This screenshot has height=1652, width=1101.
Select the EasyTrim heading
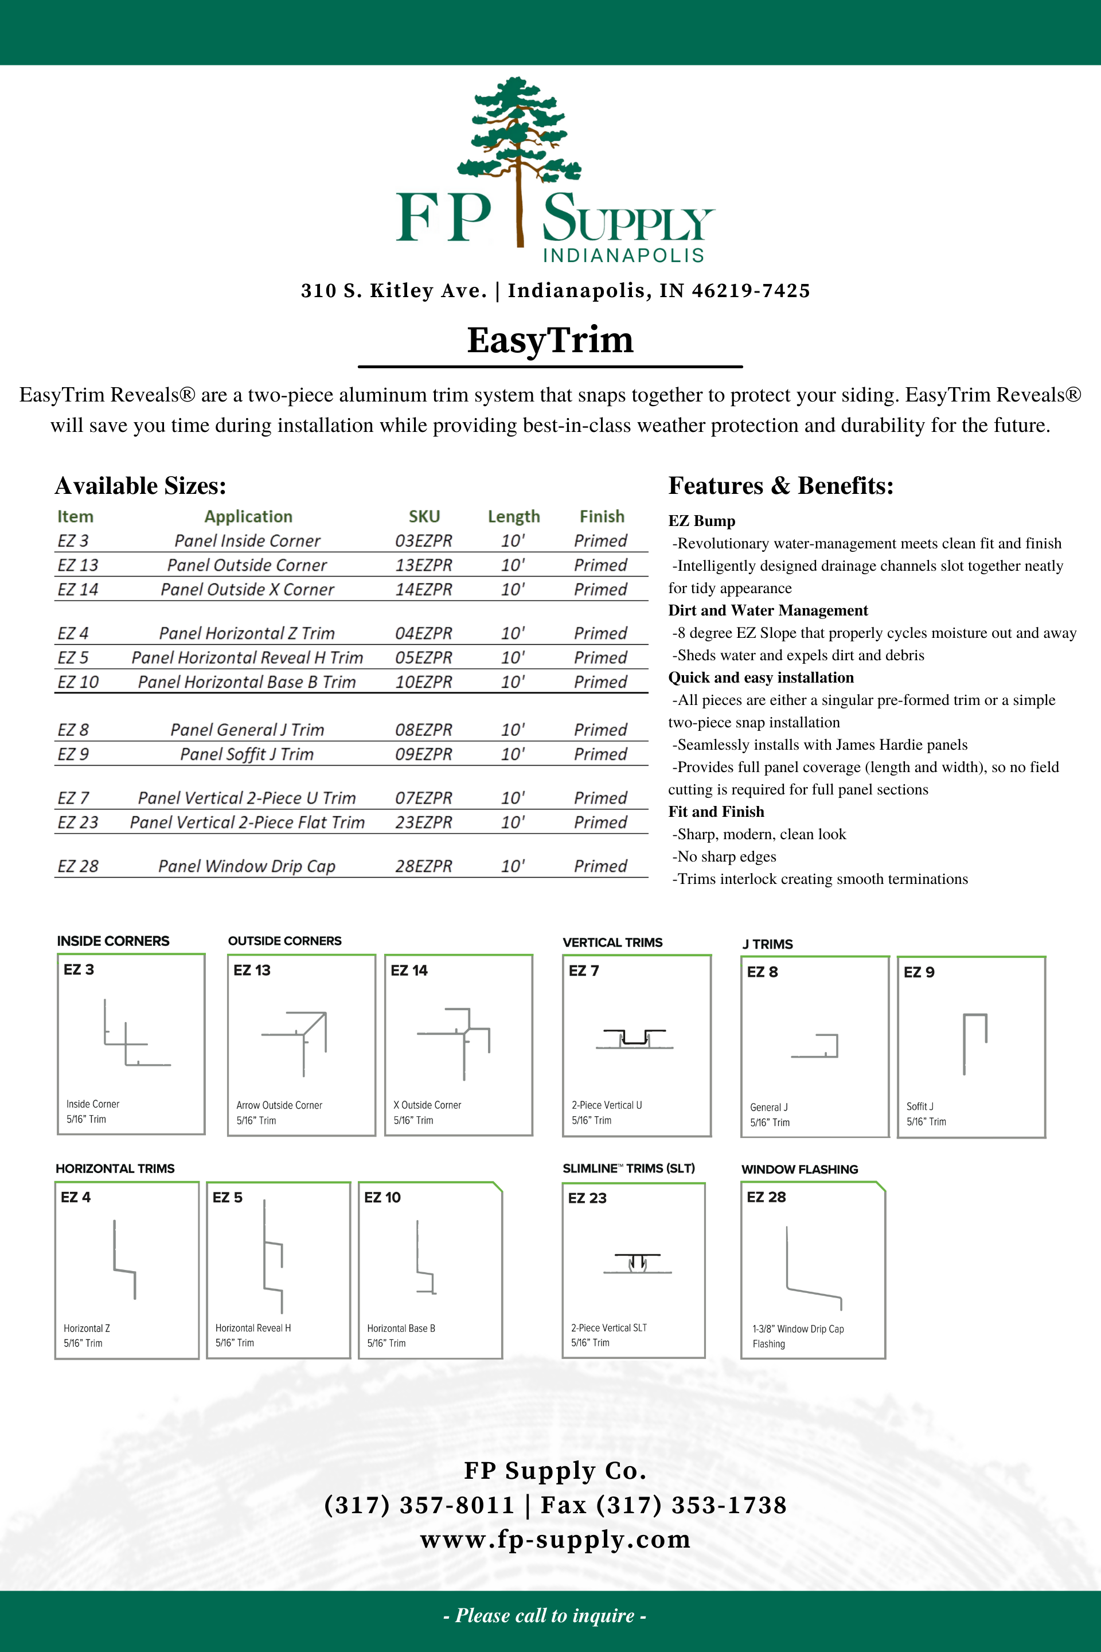550,340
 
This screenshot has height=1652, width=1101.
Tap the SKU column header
424,517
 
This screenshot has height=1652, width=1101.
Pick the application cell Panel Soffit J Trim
247,754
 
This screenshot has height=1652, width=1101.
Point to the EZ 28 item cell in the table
78,866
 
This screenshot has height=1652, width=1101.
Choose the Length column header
513,517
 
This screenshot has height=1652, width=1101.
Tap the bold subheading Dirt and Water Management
767,610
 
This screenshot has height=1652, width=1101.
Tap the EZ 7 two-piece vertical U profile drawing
635,1038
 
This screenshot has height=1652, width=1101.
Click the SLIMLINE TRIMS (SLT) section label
628,1168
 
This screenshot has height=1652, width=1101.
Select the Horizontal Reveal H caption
253,1328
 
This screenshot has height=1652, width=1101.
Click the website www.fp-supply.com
555,1540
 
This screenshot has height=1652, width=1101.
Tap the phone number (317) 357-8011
419,1505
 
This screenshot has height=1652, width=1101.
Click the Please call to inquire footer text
545,1615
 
